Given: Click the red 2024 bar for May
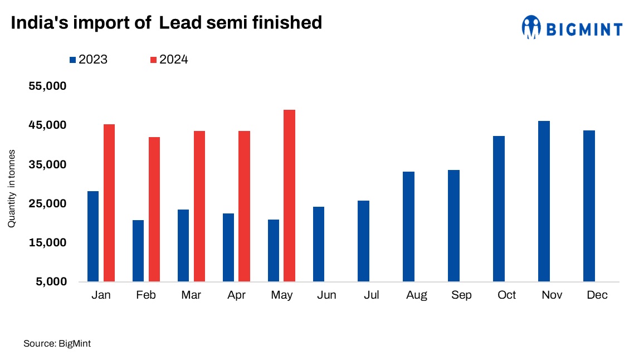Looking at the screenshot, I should pyautogui.click(x=289, y=196).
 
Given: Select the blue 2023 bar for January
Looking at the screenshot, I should pyautogui.click(x=93, y=236).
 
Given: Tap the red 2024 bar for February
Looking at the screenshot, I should pyautogui.click(x=154, y=209).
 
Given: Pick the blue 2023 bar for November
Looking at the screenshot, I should pyautogui.click(x=544, y=201).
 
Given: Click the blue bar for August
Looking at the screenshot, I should pyautogui.click(x=408, y=226).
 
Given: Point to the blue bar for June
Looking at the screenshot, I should pyautogui.click(x=319, y=244).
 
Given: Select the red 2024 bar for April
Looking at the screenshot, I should pyautogui.click(x=244, y=206).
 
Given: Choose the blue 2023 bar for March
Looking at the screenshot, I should pyautogui.click(x=183, y=245).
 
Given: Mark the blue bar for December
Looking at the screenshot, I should pyautogui.click(x=589, y=206).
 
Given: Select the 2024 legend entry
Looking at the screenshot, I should pyautogui.click(x=169, y=60).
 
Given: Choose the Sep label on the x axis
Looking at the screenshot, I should pyautogui.click(x=462, y=295).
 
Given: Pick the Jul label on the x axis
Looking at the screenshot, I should pyautogui.click(x=372, y=295).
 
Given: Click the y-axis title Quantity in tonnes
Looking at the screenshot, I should pyautogui.click(x=11, y=188).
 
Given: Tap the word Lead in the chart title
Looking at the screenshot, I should pyautogui.click(x=179, y=22).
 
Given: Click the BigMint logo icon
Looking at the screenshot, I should pyautogui.click(x=531, y=26).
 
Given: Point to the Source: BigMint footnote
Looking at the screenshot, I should pyautogui.click(x=57, y=344).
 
